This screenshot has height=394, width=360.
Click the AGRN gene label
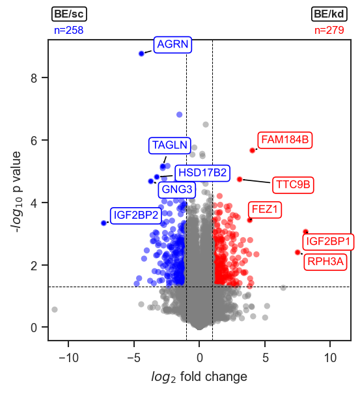173,44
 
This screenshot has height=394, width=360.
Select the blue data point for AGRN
141,53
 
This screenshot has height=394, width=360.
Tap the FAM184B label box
285,140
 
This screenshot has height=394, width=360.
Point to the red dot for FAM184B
252,150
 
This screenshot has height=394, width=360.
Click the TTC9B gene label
293,185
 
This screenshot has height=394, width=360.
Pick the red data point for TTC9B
240,179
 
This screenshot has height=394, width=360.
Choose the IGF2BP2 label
136,215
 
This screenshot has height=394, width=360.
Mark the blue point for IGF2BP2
104,223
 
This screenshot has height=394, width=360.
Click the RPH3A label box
325,262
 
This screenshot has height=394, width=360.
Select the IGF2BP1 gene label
328,242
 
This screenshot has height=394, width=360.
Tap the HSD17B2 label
202,173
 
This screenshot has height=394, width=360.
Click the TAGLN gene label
169,145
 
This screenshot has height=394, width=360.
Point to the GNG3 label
177,190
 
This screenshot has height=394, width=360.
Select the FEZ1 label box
265,209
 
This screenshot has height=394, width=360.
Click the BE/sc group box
69,14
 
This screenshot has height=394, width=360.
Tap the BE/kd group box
329,14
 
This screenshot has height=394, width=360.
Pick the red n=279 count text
329,30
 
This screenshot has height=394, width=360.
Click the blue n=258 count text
69,30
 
